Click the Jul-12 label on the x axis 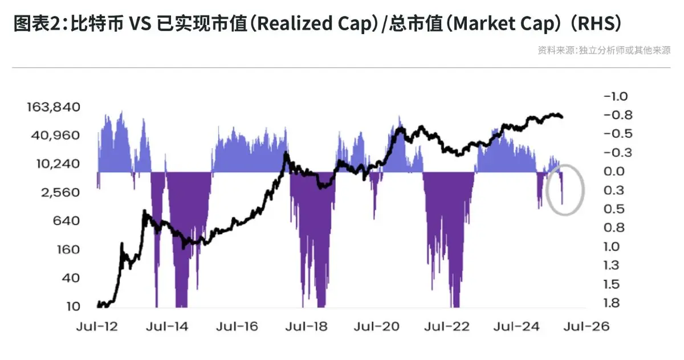[97, 326]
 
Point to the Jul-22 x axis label [447, 326]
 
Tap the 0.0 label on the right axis [614, 171]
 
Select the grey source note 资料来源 [556, 50]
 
